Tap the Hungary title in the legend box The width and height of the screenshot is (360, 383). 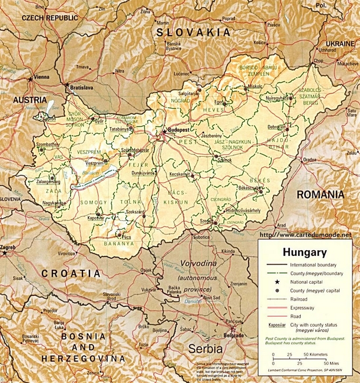point(304,252)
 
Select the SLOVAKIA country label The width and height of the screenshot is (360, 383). point(193,32)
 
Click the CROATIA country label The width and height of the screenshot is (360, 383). point(74,273)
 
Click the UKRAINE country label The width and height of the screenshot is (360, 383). point(340,44)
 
